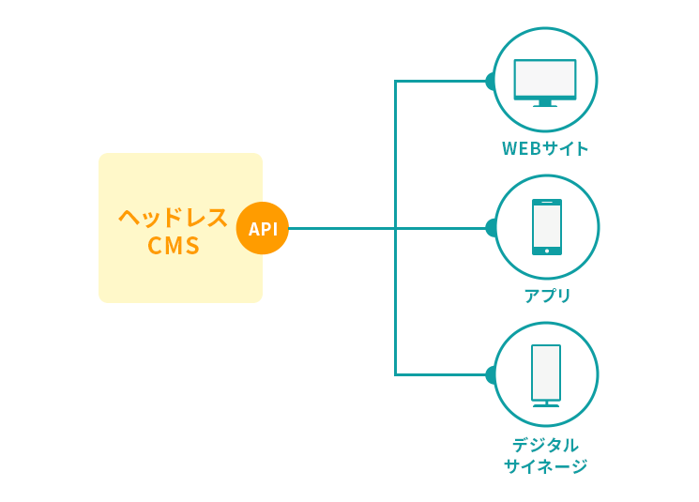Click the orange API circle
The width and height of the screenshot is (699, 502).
tap(263, 228)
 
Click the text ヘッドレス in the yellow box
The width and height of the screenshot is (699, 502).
tap(174, 218)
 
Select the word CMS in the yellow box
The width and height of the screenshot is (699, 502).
tap(174, 246)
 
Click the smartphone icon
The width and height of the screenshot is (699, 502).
tap(547, 226)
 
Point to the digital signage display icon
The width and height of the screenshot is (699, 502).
tap(546, 373)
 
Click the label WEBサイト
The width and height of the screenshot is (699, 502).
tap(545, 148)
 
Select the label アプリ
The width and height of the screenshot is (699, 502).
tap(547, 296)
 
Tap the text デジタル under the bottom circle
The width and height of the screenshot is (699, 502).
tap(545, 445)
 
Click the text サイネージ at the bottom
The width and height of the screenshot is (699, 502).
tap(545, 466)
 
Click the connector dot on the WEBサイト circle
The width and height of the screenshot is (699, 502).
tap(490, 81)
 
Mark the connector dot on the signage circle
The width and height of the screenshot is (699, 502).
tap(490, 374)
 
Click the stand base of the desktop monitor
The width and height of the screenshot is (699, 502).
tap(545, 104)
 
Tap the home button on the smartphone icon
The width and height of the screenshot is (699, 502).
tap(547, 251)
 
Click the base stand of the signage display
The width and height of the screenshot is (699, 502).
tap(546, 405)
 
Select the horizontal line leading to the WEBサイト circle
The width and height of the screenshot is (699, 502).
tap(441, 81)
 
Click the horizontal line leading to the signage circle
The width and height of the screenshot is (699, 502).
tap(441, 374)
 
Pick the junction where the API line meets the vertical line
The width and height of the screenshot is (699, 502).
tap(396, 228)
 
